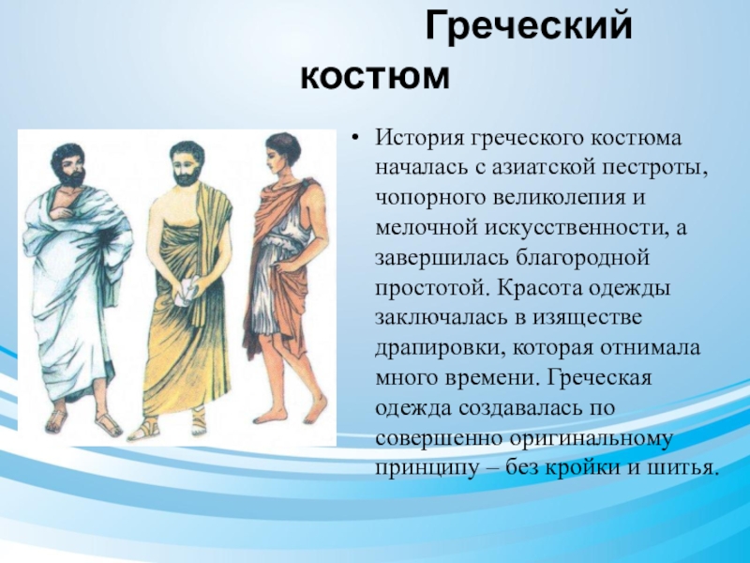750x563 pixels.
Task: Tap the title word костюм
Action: click(x=376, y=77)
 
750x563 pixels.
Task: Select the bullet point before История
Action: click(x=354, y=139)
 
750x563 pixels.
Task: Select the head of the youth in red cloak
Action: click(x=283, y=154)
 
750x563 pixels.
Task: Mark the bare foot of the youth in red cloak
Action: click(x=269, y=417)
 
